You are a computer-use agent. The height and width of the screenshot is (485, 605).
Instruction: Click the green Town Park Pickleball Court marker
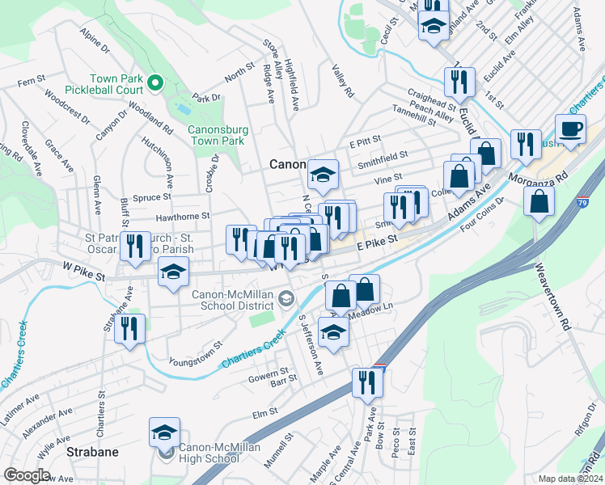tap(156, 82)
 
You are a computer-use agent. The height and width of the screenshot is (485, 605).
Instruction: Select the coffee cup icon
tap(571, 129)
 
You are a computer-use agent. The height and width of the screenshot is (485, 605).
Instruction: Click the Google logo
tap(27, 475)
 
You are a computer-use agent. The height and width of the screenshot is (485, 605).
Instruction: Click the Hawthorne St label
tap(183, 216)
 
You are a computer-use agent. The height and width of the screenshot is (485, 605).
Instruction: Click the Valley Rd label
tap(343, 82)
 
